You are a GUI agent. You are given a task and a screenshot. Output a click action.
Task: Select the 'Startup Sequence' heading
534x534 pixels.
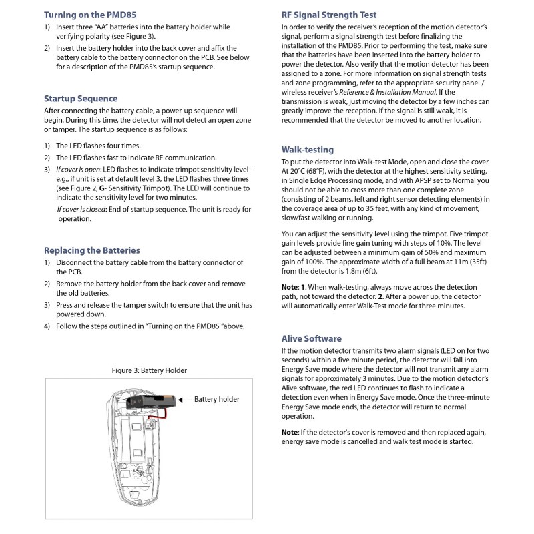pos(81,99)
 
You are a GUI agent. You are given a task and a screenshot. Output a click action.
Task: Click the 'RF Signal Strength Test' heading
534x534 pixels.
pos(329,14)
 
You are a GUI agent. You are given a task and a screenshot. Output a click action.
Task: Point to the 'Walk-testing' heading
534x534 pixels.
pos(308,150)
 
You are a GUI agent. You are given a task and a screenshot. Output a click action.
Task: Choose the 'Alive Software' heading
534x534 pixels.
pos(312,338)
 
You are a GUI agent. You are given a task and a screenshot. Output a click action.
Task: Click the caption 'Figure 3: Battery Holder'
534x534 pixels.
pos(149,370)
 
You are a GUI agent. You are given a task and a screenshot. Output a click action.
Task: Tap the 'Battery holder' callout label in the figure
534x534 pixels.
pos(217,399)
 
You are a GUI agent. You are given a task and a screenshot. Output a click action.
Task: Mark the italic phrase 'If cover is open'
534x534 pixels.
pos(79,170)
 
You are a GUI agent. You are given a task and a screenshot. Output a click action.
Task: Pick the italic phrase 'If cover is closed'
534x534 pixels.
pos(81,210)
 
